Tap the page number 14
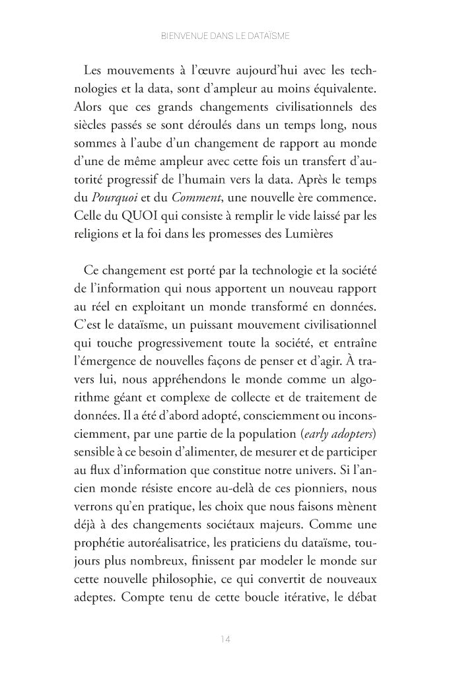click(225, 639)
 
